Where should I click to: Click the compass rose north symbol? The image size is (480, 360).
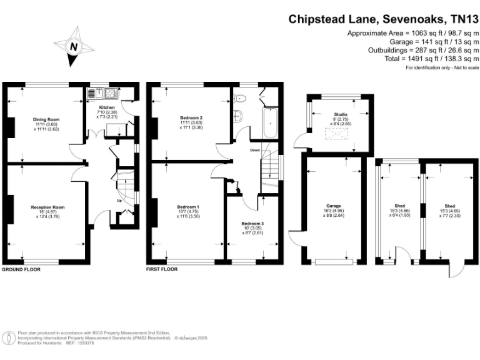[74, 47]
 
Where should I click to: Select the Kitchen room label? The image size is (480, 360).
[103, 107]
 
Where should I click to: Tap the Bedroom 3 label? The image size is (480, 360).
[252, 223]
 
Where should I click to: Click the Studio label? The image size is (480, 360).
[341, 114]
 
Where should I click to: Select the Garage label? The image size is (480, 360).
[332, 204]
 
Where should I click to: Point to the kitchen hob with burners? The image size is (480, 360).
[110, 94]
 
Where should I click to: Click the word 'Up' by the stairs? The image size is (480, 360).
[119, 201]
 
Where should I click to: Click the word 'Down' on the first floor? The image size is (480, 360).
[255, 150]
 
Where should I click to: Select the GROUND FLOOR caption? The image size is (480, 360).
[21, 269]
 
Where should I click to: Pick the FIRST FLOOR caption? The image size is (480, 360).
[162, 269]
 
